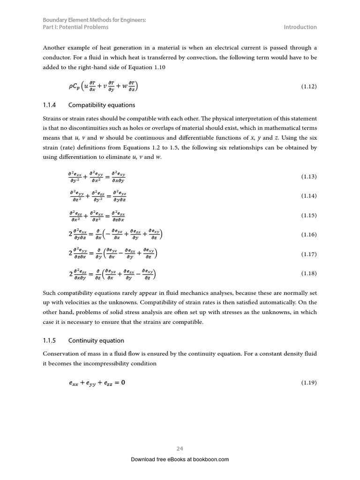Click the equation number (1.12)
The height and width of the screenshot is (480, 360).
tap(309, 87)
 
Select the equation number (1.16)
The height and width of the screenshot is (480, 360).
tap(309, 235)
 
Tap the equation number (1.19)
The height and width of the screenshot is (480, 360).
tap(309, 383)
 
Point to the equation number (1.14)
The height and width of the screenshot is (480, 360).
tap(309, 196)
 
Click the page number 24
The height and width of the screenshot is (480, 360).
tap(180, 449)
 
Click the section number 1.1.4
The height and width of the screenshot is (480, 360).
tap(49, 105)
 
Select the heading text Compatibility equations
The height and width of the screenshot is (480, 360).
tap(102, 105)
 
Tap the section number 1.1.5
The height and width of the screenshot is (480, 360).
tap(49, 340)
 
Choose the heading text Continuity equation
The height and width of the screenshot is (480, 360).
tap(96, 340)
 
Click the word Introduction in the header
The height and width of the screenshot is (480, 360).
tap(300, 27)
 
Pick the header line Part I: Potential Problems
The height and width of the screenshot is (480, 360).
tap(75, 27)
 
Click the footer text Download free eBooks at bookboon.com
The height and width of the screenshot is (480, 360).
tap(180, 459)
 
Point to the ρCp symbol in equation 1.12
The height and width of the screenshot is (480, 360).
tap(74, 87)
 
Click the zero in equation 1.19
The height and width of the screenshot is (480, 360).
tap(123, 382)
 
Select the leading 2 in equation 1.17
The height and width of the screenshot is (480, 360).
tap(70, 254)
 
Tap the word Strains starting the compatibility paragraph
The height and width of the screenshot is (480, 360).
tap(52, 119)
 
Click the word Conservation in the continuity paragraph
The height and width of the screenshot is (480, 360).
tap(60, 354)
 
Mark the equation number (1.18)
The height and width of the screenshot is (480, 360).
tap(309, 273)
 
